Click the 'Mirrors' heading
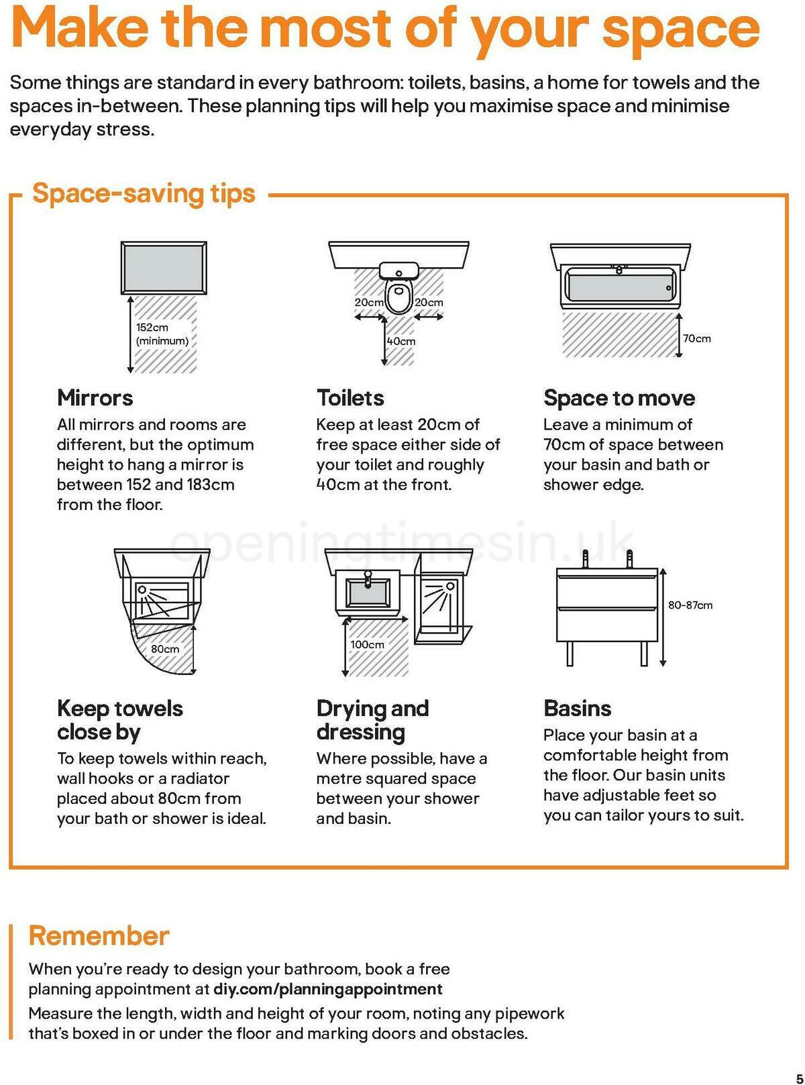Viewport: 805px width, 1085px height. [95, 397]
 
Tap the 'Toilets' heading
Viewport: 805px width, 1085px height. [350, 397]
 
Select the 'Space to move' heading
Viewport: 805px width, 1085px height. [619, 397]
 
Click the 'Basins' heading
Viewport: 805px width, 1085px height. [577, 708]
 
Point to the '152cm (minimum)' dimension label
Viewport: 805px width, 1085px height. [162, 334]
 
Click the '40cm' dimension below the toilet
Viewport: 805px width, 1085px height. [401, 342]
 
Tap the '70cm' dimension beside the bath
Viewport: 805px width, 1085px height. [697, 338]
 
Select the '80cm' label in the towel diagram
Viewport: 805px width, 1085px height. [165, 649]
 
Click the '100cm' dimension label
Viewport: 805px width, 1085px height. [367, 644]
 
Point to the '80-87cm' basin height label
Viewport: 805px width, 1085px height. [690, 605]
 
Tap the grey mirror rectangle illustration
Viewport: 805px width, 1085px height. [164, 268]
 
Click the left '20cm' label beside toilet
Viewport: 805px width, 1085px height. [368, 303]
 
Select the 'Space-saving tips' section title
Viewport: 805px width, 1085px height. [144, 193]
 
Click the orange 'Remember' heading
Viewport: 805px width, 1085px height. [99, 935]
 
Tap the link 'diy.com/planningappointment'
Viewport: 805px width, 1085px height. [327, 989]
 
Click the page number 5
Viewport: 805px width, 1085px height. [798, 1074]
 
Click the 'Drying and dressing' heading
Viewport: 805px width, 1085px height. [372, 719]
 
